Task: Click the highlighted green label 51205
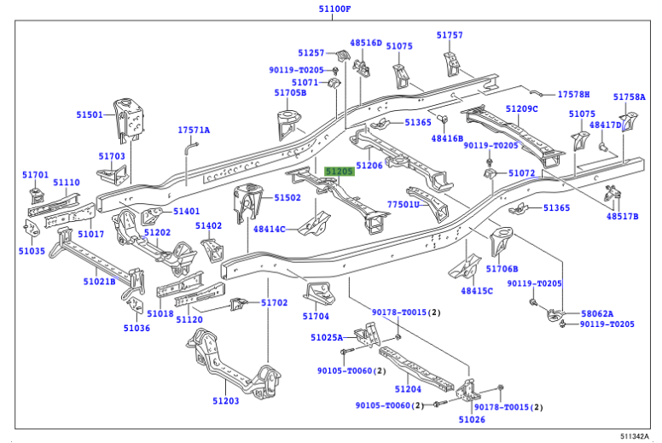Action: coord(339,172)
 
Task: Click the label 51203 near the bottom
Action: coord(225,401)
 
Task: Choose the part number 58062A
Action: coord(597,313)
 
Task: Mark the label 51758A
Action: coord(630,97)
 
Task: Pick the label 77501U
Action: coord(404,205)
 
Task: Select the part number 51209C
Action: coord(521,109)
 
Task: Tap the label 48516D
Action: coord(366,42)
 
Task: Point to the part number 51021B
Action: coord(100,281)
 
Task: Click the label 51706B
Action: coord(502,268)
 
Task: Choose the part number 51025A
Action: coord(328,337)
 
